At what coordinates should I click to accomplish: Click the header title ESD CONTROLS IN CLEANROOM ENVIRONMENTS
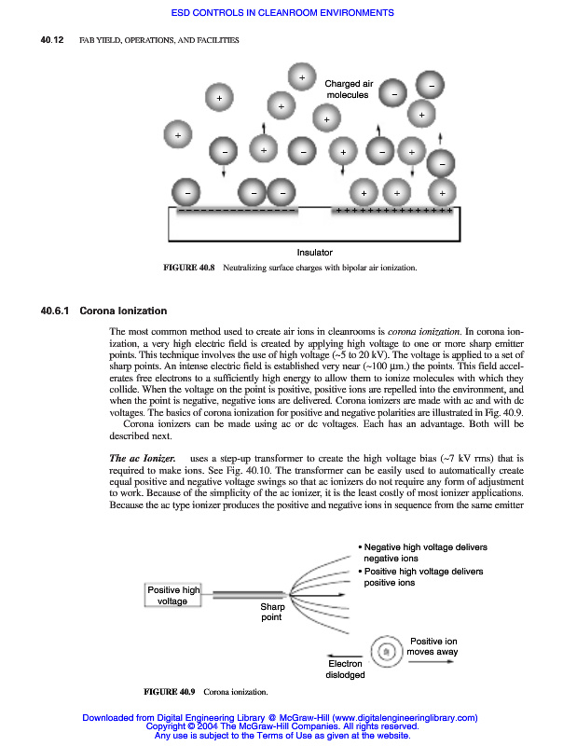point(282,13)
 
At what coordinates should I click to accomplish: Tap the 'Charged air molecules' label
point(348,90)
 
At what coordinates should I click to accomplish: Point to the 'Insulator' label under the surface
point(314,253)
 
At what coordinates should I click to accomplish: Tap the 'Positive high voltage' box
point(173,595)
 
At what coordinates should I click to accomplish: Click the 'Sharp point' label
point(271,612)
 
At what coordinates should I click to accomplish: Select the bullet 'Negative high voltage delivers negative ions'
point(424,552)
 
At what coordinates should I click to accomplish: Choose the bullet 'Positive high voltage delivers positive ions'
point(422,576)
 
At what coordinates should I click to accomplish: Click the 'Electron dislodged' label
point(346,670)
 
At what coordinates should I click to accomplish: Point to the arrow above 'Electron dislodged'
point(346,653)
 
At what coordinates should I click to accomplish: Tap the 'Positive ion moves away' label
point(433,647)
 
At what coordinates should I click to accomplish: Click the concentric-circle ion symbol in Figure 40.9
point(384,651)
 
